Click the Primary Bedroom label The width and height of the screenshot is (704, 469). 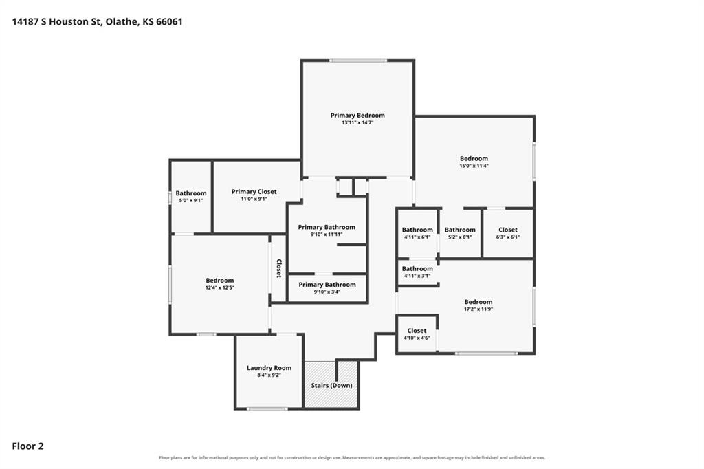(x=357, y=116)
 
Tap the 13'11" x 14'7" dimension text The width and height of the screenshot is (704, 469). (x=357, y=122)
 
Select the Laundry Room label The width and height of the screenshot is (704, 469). (x=269, y=368)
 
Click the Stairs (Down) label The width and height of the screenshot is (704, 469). (x=331, y=385)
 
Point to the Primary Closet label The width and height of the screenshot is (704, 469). (x=254, y=192)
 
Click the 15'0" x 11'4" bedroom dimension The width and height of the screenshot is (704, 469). (x=474, y=166)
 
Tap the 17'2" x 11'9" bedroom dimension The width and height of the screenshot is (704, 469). (x=478, y=309)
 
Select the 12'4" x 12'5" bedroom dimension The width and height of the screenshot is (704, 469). (x=220, y=287)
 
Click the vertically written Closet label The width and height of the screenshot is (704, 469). (x=279, y=268)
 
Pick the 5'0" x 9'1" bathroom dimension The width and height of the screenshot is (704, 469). (x=191, y=200)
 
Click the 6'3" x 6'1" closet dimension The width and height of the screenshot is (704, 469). (x=508, y=237)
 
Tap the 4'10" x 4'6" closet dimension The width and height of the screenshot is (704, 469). (x=417, y=338)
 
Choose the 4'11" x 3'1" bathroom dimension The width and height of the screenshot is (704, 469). (x=417, y=276)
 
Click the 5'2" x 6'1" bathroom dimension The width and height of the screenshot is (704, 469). (x=460, y=237)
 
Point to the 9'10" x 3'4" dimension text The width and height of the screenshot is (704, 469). (x=327, y=292)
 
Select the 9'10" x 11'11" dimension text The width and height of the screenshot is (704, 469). (x=327, y=235)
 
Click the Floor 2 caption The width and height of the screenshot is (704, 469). (x=27, y=446)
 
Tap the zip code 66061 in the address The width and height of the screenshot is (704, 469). (x=169, y=21)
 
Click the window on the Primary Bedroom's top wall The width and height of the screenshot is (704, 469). (x=357, y=61)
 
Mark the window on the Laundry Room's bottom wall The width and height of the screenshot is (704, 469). (x=267, y=408)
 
